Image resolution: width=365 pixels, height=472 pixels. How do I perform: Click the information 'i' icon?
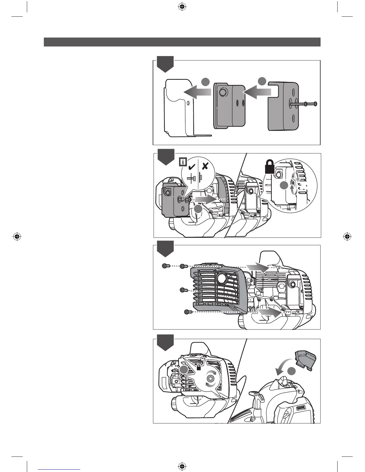click(x=182, y=162)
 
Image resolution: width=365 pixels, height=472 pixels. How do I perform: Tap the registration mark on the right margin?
click(x=347, y=237)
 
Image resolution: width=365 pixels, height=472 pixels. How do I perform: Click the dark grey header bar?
click(x=182, y=42)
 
